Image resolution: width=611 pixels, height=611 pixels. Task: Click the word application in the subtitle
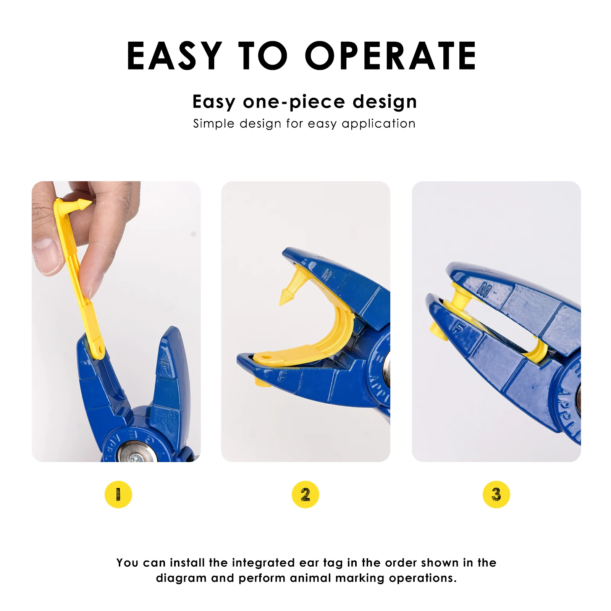378,124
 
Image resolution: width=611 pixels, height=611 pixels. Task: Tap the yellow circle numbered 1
118,494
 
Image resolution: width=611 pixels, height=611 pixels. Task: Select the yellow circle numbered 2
305,494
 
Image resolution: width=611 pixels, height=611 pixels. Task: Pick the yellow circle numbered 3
496,494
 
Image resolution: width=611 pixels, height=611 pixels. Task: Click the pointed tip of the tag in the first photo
91,203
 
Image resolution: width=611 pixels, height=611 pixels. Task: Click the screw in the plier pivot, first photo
135,458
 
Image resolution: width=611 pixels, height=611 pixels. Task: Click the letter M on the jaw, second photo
327,275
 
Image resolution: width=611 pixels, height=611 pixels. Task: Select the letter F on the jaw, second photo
282,377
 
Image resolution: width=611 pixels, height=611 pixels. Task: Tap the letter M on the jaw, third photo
484,289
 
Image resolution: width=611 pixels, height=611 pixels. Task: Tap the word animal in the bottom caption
310,578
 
